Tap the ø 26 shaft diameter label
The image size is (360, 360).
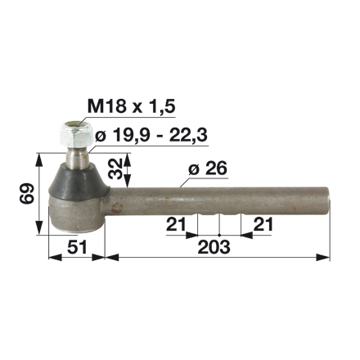(207, 169)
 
